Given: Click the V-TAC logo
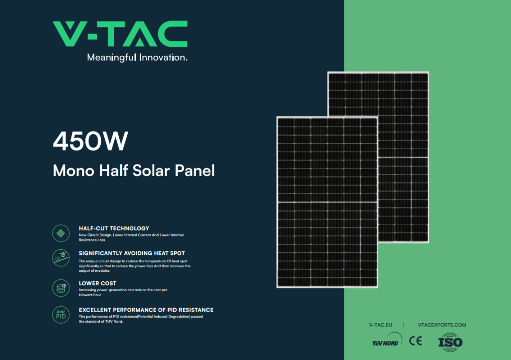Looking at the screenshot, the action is coord(120,34).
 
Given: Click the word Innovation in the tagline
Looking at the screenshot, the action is coord(163,58).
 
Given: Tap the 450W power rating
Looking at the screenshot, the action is coord(91,141).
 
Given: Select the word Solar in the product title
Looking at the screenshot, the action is coord(151,170).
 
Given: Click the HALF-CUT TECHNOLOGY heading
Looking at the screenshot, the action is coord(114,228).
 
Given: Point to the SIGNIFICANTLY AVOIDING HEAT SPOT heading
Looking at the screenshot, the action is coord(132,253).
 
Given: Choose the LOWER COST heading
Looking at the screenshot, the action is coord(97,284).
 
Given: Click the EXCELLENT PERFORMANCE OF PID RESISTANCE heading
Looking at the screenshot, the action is coord(146,310).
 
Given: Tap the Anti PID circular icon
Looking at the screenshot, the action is coord(61,315).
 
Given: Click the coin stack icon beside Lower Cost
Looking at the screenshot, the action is coord(61,288).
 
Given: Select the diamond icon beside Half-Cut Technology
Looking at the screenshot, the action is coord(61,233).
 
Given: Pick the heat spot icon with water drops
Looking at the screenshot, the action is coord(61,258).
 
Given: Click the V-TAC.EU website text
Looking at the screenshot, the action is coord(381,325).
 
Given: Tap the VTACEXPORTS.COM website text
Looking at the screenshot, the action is coord(442,325).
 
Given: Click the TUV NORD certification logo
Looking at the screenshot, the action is coord(387,341).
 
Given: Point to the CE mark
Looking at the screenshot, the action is coord(416,341).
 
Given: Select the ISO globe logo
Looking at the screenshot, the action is coord(451,342).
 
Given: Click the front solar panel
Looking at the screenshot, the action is coord(327,202).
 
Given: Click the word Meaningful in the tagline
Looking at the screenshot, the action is coord(111,58).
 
